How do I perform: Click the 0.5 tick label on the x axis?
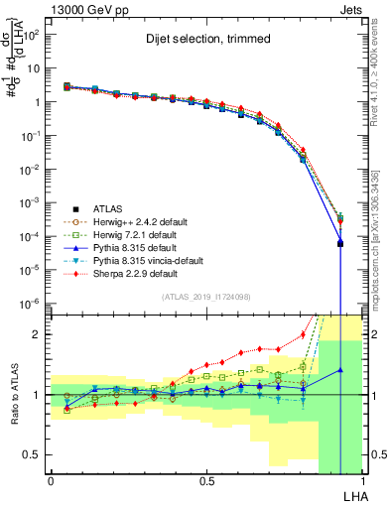206,479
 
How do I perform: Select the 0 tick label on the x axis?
51,479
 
